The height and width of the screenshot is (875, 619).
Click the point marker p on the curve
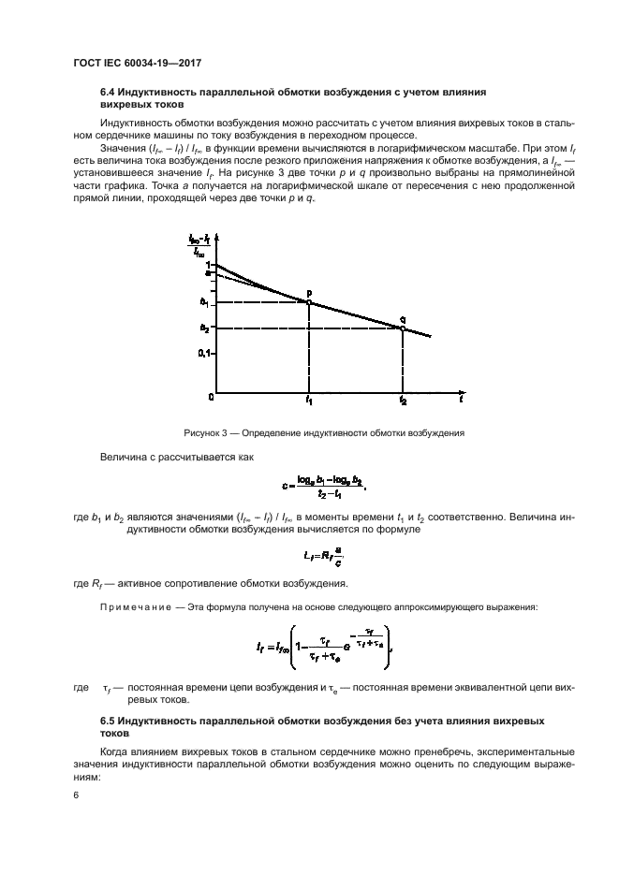(x=309, y=301)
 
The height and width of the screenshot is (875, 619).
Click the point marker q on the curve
(x=403, y=328)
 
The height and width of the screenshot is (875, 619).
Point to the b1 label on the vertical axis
(x=204, y=301)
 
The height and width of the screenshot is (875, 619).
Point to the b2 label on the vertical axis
(x=204, y=328)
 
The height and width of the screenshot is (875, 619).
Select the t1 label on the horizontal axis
(x=309, y=401)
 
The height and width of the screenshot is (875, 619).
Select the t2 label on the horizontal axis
(x=403, y=401)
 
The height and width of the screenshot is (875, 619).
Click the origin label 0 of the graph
(x=211, y=398)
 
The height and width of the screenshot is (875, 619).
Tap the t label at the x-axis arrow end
(x=461, y=400)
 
